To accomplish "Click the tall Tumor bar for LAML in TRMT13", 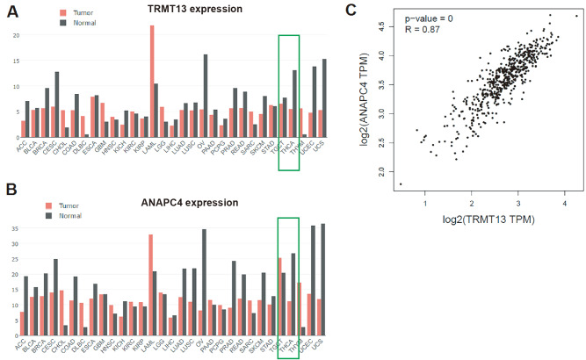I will click(x=152, y=79).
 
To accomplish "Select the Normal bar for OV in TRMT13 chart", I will click(x=205, y=97).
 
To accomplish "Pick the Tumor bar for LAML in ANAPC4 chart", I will click(x=152, y=284).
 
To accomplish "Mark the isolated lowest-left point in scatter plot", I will click(x=401, y=184).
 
